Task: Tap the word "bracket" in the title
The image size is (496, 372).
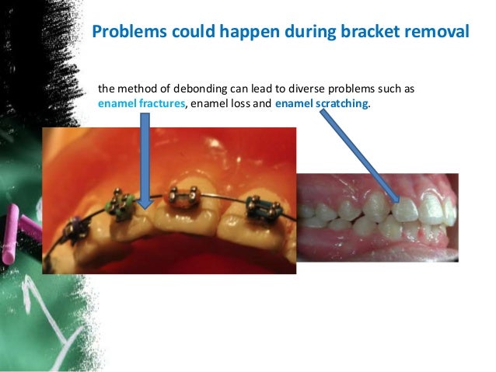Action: point(367,33)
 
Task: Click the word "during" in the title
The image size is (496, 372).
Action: point(307,33)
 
